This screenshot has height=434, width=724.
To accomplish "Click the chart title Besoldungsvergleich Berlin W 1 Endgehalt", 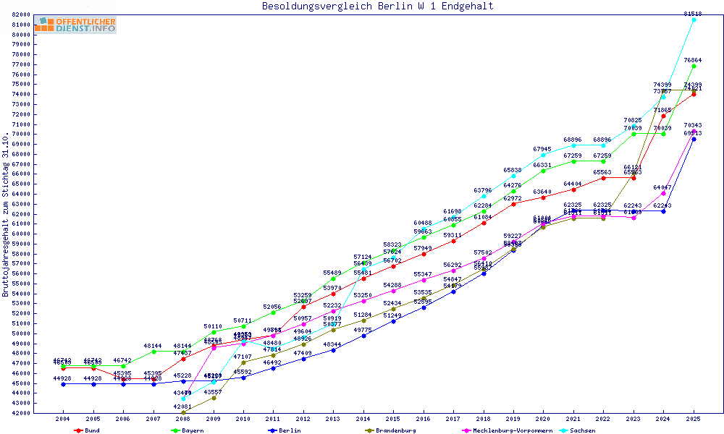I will point(377,7).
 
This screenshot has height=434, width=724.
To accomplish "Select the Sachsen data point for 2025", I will point(694,20).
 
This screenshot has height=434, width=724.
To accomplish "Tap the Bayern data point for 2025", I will point(694,66).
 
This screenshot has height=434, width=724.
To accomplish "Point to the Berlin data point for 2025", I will point(694,139).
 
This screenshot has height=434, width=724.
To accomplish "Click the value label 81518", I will point(693,14).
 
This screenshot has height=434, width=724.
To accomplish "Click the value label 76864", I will point(693,60).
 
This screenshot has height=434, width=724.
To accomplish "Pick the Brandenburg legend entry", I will point(392,430).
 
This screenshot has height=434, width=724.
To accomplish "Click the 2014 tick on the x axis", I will point(363,419).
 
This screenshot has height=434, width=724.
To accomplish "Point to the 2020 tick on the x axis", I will point(543,419).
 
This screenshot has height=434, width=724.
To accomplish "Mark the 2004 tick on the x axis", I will point(64,419).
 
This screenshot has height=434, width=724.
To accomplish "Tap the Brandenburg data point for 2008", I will point(183,412).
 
